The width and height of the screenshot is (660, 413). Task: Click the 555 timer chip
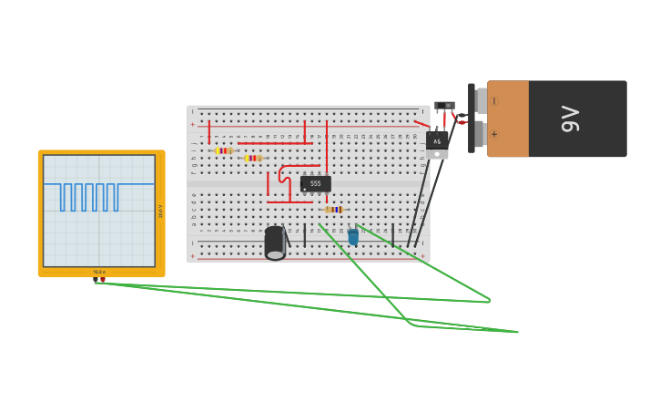(315, 183)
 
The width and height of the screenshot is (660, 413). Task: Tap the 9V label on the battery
(570, 119)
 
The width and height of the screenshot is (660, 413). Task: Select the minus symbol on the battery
(495, 101)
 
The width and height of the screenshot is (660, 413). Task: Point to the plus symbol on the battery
(495, 134)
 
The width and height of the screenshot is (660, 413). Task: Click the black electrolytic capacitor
(274, 243)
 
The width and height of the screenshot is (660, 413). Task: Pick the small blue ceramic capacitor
(353, 237)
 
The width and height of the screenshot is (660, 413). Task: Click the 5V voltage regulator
(437, 140)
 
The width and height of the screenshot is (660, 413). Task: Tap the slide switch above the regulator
(444, 106)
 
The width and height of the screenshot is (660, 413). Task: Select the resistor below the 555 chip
(334, 210)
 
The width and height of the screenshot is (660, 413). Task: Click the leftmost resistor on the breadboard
(224, 150)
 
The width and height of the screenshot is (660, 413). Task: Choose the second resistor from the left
(252, 158)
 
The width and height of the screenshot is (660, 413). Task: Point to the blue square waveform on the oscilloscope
(89, 196)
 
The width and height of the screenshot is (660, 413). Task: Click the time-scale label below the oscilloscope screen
(99, 272)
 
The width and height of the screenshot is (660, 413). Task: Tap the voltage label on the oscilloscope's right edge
(161, 211)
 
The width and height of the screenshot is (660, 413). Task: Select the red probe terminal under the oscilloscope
(103, 280)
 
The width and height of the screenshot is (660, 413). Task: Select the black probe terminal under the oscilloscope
(95, 280)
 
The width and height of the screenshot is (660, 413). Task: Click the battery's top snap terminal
(480, 99)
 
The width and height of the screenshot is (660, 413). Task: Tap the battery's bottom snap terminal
(480, 134)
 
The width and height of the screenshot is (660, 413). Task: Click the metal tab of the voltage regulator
(437, 154)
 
